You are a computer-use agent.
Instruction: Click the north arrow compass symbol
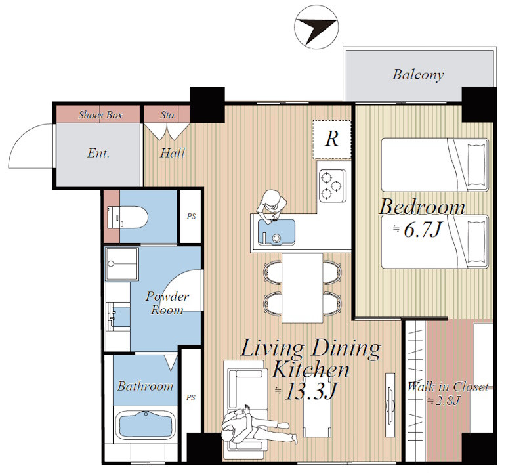click(x=316, y=27)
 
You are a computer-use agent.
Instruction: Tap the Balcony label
click(x=418, y=74)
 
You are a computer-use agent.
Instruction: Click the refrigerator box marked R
click(x=332, y=139)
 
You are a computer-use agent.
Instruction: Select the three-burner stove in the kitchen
click(x=332, y=186)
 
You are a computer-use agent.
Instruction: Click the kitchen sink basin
click(x=276, y=232)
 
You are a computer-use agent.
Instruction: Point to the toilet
click(x=127, y=217)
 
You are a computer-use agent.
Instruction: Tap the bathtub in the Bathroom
click(x=146, y=427)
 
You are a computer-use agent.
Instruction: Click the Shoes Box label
click(x=100, y=115)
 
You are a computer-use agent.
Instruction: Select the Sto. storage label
click(x=168, y=115)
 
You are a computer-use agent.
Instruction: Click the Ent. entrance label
click(x=98, y=153)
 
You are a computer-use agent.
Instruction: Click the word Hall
click(x=172, y=153)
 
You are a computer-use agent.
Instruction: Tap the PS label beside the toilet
click(x=191, y=217)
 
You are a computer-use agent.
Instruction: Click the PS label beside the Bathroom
click(x=190, y=397)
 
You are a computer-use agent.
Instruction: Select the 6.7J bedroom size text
click(x=418, y=230)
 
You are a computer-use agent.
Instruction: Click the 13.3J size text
click(x=306, y=391)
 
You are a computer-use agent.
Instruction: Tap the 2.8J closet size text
click(x=444, y=400)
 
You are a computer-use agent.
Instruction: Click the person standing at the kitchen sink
click(x=272, y=205)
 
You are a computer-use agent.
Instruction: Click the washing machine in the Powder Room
click(x=121, y=264)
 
